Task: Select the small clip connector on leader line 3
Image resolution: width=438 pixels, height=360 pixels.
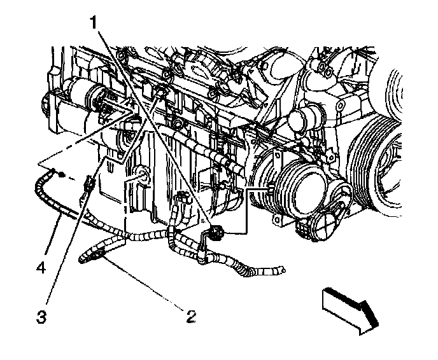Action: coord(89,186)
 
